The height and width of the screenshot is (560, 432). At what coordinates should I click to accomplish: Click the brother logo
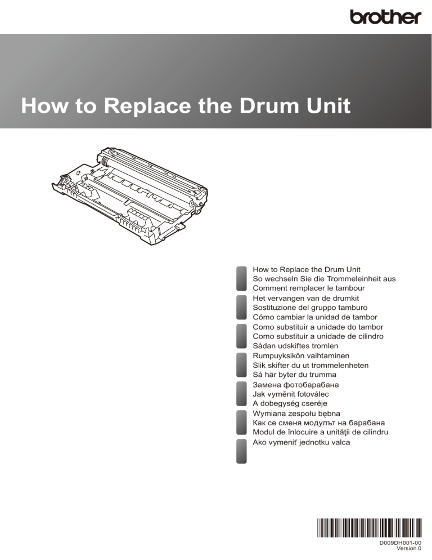tap(385, 17)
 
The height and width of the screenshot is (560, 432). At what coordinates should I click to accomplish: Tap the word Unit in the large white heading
tap(328, 106)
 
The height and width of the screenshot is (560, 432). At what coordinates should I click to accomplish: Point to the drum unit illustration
tap(130, 195)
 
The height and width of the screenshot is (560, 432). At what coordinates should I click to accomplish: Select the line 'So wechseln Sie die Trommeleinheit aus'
tap(324, 278)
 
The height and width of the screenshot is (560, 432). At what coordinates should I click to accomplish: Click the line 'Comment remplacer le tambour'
tap(309, 288)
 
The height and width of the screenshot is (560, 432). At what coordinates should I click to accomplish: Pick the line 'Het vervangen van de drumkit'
tap(305, 298)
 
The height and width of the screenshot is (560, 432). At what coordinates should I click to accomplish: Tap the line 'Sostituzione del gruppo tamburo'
tap(310, 308)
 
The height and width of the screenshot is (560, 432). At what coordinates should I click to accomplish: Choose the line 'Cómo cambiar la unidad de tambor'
tap(315, 317)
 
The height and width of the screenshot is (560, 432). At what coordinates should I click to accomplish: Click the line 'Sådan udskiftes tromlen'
tap(295, 346)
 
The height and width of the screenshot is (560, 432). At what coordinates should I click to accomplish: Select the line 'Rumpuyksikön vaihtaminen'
tap(301, 355)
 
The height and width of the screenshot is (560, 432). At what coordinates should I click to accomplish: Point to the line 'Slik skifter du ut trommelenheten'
tap(310, 365)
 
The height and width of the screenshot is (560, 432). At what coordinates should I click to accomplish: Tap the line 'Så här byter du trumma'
tap(294, 374)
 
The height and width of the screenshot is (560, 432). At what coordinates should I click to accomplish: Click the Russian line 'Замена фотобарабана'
tap(296, 385)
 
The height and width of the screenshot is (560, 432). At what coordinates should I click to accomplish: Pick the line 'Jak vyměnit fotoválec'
tap(291, 394)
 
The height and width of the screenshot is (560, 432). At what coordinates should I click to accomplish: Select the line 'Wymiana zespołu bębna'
tap(296, 414)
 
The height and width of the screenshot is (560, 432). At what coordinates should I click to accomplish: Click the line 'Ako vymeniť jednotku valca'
tap(301, 442)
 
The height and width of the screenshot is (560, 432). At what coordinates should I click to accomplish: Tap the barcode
tap(369, 528)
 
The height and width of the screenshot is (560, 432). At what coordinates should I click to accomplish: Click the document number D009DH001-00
tap(400, 543)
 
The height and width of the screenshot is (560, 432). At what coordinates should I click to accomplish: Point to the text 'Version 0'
tap(409, 548)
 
